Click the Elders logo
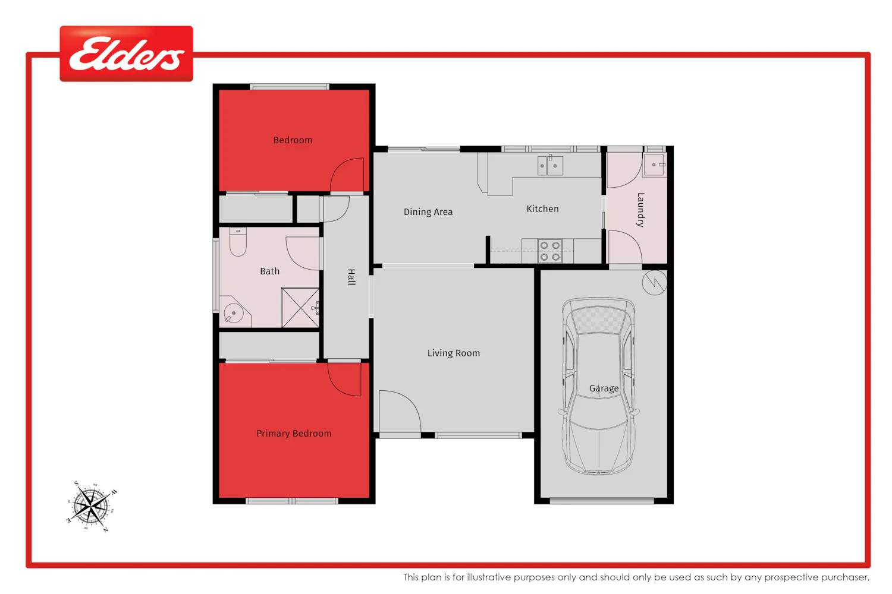(x=126, y=53)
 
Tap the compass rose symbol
(x=92, y=507)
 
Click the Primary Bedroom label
(x=294, y=434)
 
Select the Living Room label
(x=454, y=353)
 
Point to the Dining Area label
(x=428, y=211)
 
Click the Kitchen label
(x=542, y=208)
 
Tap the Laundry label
(x=640, y=210)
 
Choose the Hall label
(x=351, y=277)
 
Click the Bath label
(x=269, y=271)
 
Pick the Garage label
(x=604, y=388)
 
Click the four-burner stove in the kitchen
(x=549, y=251)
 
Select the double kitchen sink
(x=550, y=166)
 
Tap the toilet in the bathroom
(x=238, y=242)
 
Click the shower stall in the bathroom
(x=300, y=308)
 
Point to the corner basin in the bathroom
(x=234, y=311)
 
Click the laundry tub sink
(x=655, y=165)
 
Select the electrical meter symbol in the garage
(x=654, y=283)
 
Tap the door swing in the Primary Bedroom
(x=344, y=379)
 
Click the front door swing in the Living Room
(x=400, y=411)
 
